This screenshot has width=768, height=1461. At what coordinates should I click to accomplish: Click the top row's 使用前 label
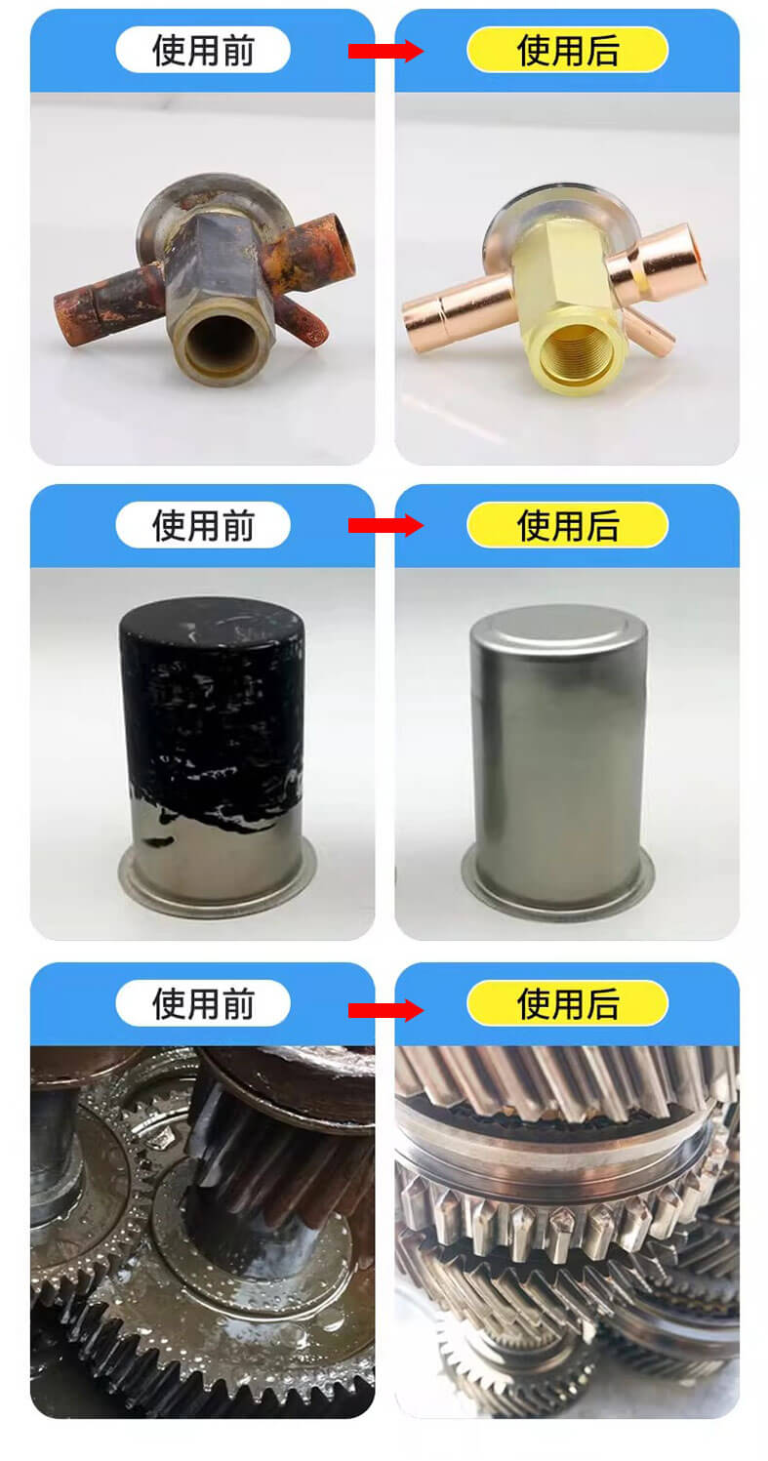coord(202,50)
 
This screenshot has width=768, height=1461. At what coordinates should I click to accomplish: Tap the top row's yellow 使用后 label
coord(567,50)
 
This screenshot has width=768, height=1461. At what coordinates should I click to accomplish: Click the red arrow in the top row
coord(385,51)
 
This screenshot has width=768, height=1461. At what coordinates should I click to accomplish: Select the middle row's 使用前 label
coord(202,525)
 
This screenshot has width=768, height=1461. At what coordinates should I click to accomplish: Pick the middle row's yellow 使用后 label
coord(567,525)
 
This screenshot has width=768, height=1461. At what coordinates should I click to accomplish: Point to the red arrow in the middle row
coord(385,526)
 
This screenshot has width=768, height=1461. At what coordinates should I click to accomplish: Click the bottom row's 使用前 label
coord(202,1002)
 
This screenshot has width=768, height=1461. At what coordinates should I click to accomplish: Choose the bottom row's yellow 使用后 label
coord(567,1002)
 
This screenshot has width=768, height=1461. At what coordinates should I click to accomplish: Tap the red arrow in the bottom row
coord(385,1010)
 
